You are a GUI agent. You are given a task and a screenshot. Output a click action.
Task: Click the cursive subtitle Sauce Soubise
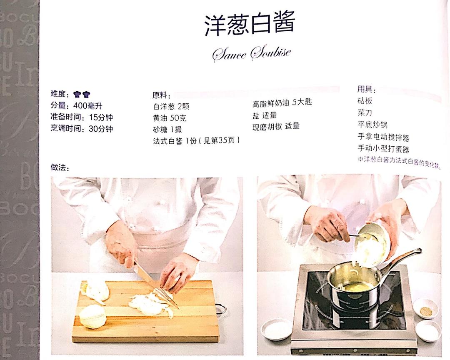tap(251, 54)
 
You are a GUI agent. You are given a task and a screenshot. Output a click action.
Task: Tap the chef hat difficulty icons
tap(82, 94)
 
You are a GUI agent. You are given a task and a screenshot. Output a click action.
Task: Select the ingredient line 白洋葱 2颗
tap(172, 107)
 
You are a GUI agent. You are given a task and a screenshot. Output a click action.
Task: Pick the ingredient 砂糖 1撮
tap(167, 130)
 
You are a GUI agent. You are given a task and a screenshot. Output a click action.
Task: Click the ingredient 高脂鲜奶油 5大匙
tap(282, 103)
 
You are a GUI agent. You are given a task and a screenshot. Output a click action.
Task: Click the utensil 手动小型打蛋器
tap(383, 149)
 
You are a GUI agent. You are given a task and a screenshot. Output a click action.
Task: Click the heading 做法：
tap(60, 167)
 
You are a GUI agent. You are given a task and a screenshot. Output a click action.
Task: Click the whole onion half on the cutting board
tap(92, 316)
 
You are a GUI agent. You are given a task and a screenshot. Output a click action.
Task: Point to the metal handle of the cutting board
tap(222, 309)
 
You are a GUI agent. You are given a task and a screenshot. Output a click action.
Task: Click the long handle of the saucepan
tap(400, 259)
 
